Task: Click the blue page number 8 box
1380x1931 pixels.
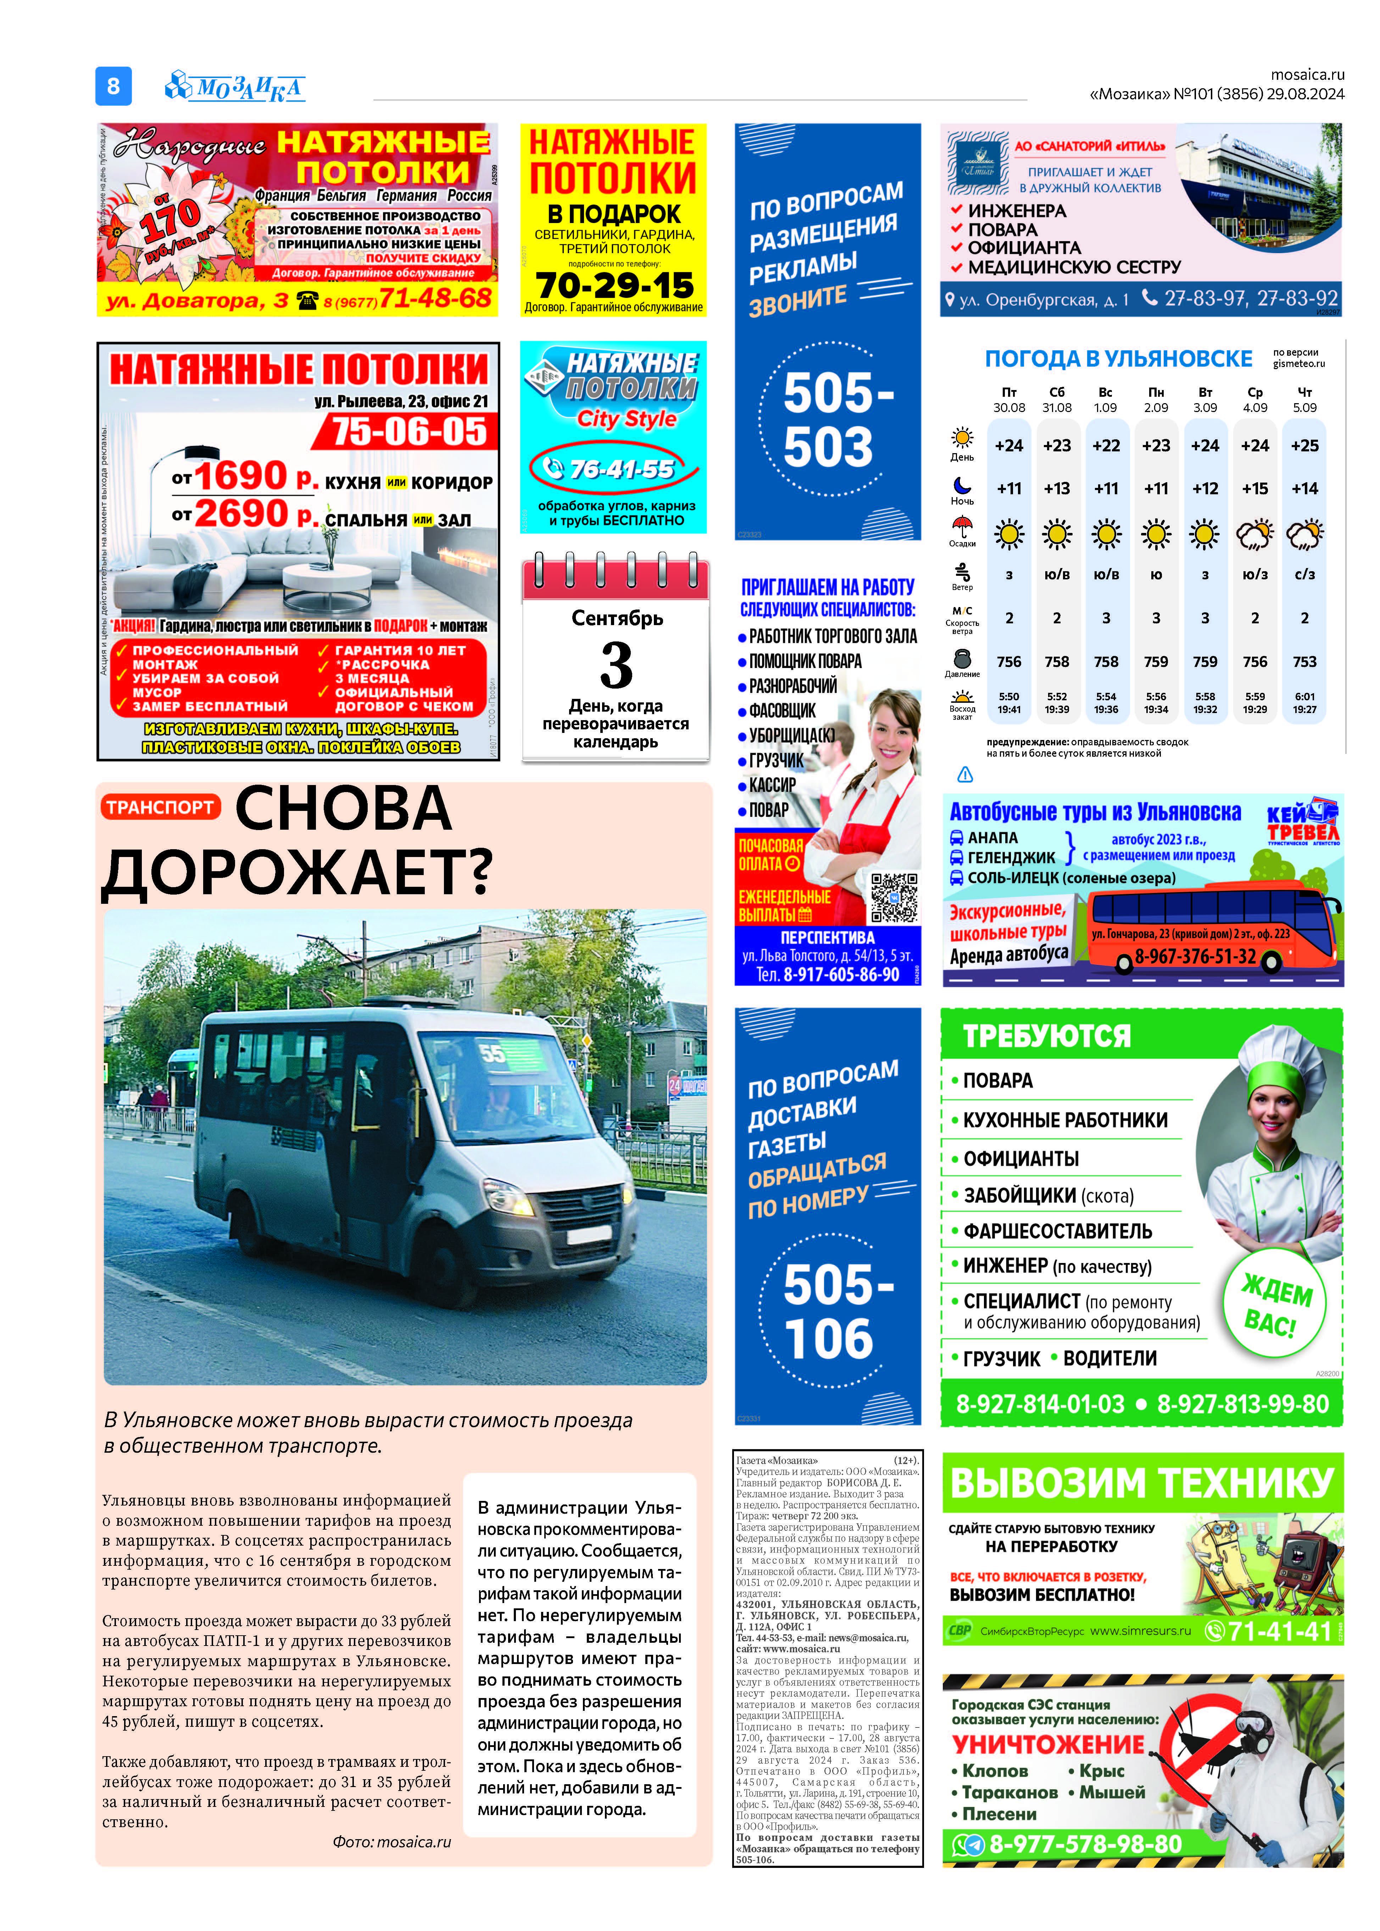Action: coord(113,86)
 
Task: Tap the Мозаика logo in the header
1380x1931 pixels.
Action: coord(235,86)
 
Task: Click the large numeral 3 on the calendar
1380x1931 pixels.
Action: coord(616,665)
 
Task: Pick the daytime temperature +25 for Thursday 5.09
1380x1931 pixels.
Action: coord(1304,445)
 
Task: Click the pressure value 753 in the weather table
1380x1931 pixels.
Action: coord(1304,661)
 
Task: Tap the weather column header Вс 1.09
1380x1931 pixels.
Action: coord(1106,399)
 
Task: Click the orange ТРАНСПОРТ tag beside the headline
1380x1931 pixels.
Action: coord(160,807)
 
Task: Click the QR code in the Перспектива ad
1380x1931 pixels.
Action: coord(894,897)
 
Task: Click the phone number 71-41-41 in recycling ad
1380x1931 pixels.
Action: coord(1279,1631)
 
